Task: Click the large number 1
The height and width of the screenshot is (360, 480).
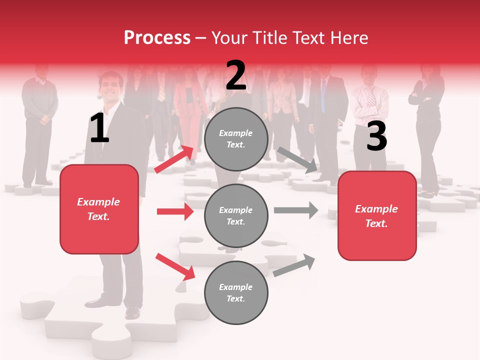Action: tap(99, 128)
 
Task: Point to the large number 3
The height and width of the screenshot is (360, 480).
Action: tap(376, 136)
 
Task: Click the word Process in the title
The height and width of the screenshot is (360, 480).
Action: tap(157, 38)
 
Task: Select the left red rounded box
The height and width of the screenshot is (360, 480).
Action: tap(99, 209)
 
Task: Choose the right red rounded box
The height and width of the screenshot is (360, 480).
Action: tap(377, 215)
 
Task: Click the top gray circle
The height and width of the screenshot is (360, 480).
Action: tap(236, 139)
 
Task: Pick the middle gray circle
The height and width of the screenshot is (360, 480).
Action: tap(236, 215)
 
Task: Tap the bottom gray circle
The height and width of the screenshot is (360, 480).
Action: tap(236, 292)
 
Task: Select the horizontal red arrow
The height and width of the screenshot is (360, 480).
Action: tap(175, 211)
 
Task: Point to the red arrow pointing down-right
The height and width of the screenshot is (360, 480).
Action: tap(175, 266)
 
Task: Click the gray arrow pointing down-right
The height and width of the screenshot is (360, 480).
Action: tap(297, 160)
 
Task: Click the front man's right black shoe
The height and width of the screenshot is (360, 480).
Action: tap(132, 312)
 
